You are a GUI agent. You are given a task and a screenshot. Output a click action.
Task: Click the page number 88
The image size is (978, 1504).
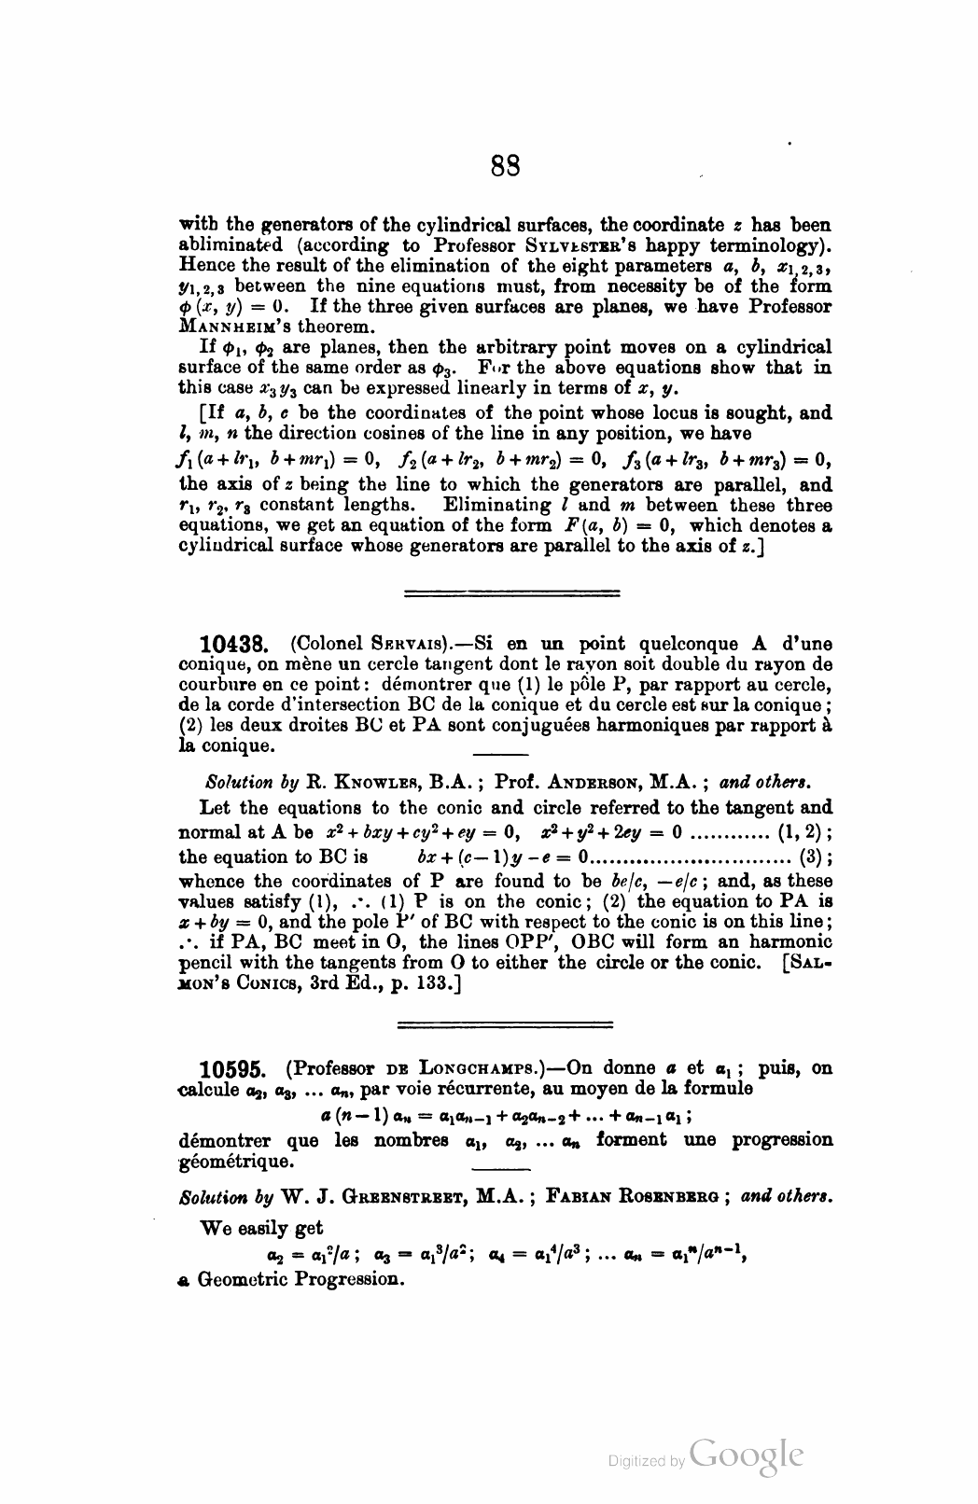coord(505,166)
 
